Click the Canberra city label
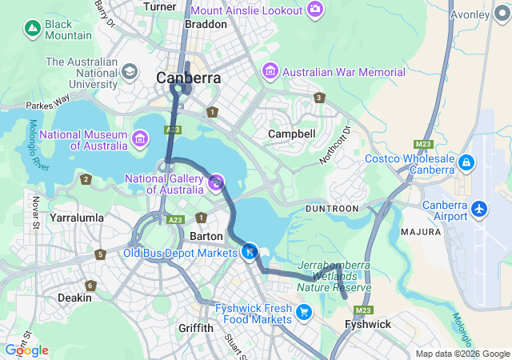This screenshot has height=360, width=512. (x=189, y=78)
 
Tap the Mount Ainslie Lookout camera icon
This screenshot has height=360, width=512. (x=316, y=10)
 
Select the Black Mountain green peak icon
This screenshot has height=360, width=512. (x=33, y=30)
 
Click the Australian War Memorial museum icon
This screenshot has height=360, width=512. (x=270, y=72)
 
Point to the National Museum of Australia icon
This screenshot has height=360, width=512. (x=140, y=140)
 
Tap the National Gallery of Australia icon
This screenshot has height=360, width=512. (x=215, y=184)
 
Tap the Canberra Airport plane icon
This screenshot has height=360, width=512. (x=479, y=209)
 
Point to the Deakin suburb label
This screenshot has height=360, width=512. (x=74, y=298)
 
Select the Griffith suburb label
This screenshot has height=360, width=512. (x=196, y=328)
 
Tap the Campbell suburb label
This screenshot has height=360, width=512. (x=291, y=134)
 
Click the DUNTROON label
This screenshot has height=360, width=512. (x=332, y=209)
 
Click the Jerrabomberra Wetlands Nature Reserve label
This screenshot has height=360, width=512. (x=334, y=276)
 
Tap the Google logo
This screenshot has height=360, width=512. (x=26, y=350)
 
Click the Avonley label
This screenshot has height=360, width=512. (x=469, y=15)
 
